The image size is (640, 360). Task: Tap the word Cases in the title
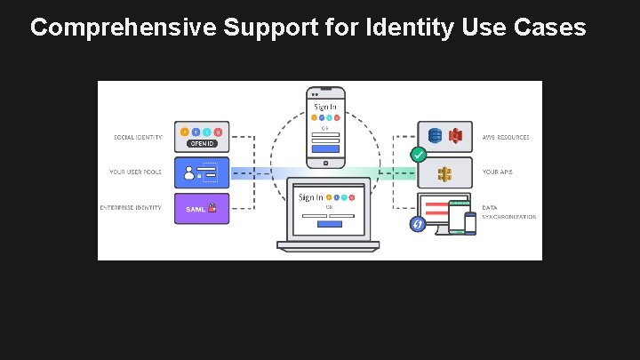pos(548,28)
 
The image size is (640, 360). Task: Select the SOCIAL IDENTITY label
pos(137,138)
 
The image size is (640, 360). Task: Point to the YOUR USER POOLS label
pos(135,172)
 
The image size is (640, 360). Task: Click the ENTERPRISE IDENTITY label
pos(131,209)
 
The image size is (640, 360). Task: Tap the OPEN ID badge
pos(201,144)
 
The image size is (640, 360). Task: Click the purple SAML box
pos(202,209)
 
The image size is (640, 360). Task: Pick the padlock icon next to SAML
pos(212,209)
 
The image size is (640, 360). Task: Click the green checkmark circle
pos(417,155)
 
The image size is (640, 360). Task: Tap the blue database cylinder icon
pos(435,136)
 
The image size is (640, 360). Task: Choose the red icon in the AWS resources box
pos(454,136)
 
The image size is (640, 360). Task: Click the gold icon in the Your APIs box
pos(444,172)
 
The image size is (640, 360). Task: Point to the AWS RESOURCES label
pos(506,138)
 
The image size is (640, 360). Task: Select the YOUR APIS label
pos(498,172)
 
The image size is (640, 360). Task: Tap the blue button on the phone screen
pos(325,149)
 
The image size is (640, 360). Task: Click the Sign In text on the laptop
pos(310,197)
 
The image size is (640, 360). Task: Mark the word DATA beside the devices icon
pos(490,207)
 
